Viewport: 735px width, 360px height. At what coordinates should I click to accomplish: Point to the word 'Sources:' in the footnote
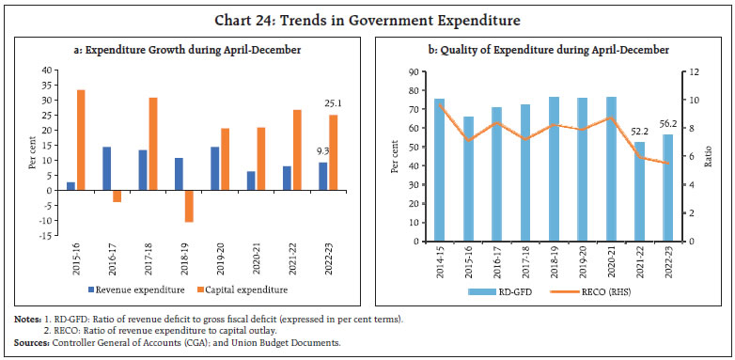(31, 343)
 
